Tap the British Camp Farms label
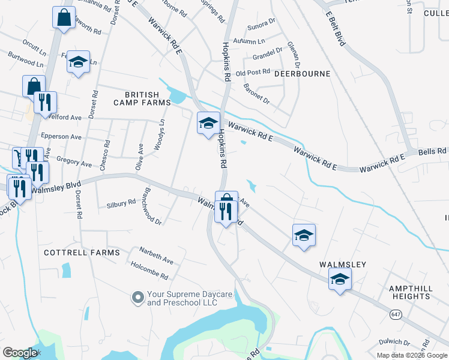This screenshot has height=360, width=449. point(142,98)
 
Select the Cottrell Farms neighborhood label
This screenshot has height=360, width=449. point(82,253)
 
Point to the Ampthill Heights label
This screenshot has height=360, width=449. point(411,292)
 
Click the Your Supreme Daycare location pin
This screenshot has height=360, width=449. point(138,297)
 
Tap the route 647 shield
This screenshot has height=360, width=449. point(395,314)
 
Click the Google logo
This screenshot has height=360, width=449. point(20,353)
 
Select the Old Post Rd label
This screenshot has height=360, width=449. point(253,73)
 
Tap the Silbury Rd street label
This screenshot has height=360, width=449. point(121,203)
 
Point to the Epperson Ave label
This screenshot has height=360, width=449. point(60,137)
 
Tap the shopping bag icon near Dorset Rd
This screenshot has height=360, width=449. point(63,18)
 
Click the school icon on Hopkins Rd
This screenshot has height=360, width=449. point(208,124)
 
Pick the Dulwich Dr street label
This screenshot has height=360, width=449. point(394,343)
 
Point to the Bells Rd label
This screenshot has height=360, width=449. point(432,151)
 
